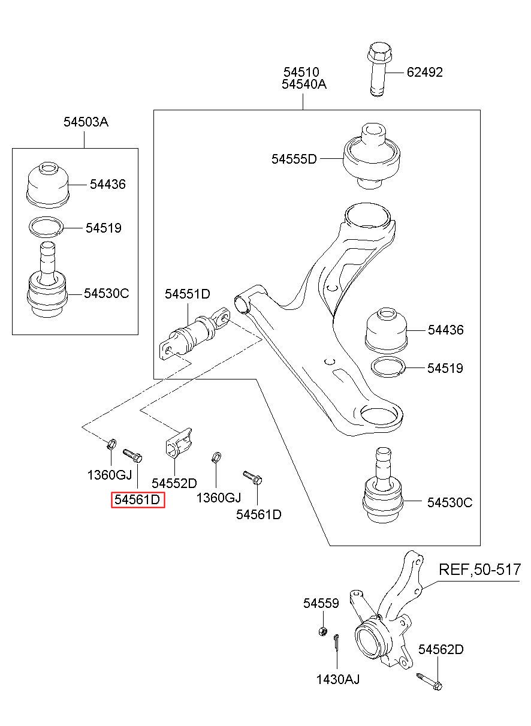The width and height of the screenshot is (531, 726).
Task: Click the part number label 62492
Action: coord(424,73)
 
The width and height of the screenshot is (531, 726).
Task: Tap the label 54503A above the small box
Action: coord(86,122)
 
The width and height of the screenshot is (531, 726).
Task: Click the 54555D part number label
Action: coord(294,159)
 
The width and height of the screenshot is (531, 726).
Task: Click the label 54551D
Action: coord(188,294)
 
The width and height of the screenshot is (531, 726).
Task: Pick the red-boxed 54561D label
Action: coord(138,499)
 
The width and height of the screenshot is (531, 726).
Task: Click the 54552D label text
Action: coord(174,483)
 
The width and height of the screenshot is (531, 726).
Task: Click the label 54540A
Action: coord(304,85)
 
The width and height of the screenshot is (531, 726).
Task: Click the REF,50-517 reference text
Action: coord(480,569)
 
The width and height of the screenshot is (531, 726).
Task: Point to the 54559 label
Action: coord(321,603)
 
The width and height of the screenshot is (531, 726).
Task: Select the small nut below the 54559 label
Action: coord(322,631)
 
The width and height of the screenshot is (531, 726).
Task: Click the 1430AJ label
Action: coord(338,679)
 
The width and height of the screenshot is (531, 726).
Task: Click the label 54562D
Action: coord(441,649)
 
